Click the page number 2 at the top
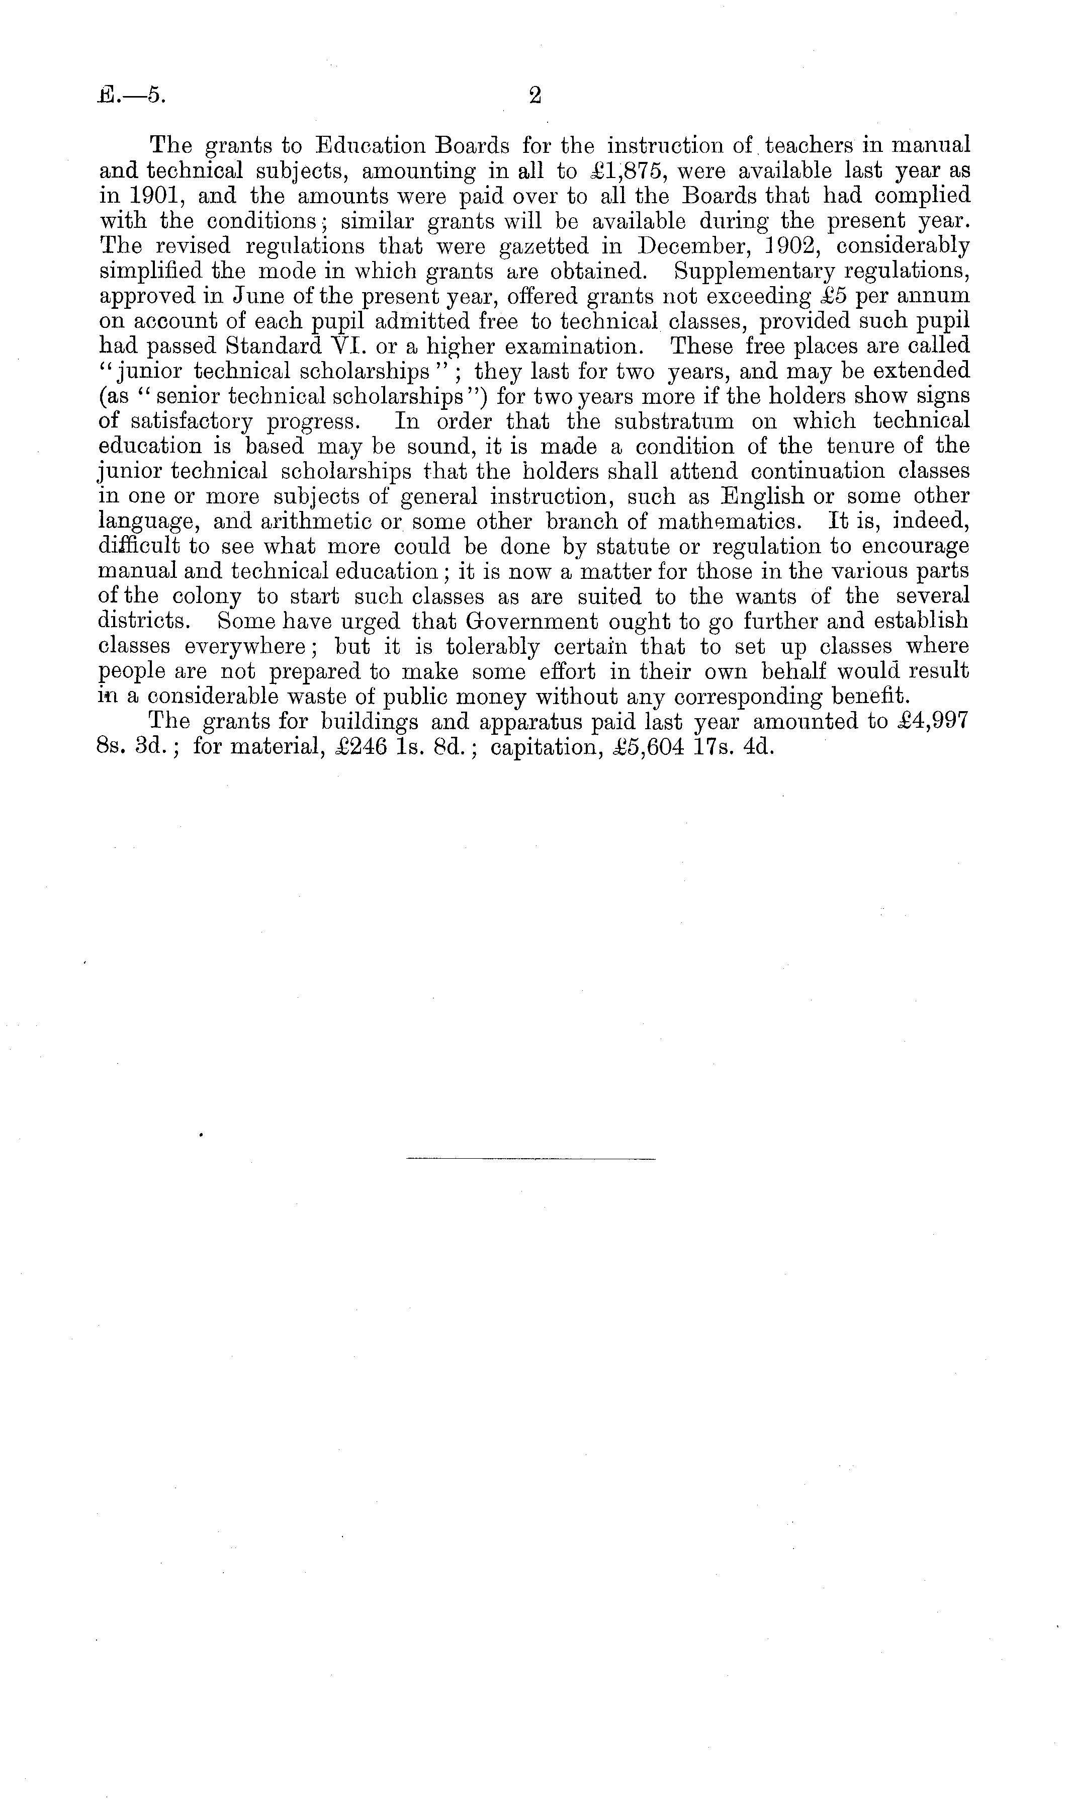tap(534, 96)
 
